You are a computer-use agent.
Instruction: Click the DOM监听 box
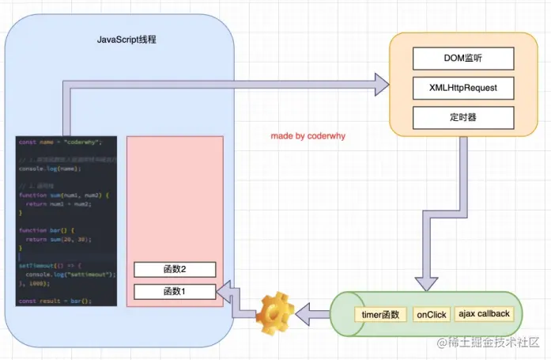463,59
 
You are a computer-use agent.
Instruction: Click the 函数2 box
174,269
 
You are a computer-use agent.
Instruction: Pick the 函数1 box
174,292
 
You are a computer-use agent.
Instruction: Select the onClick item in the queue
431,314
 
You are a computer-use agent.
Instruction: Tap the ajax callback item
483,314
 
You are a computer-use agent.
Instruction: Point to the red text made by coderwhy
308,136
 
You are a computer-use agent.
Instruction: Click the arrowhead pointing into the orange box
381,81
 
